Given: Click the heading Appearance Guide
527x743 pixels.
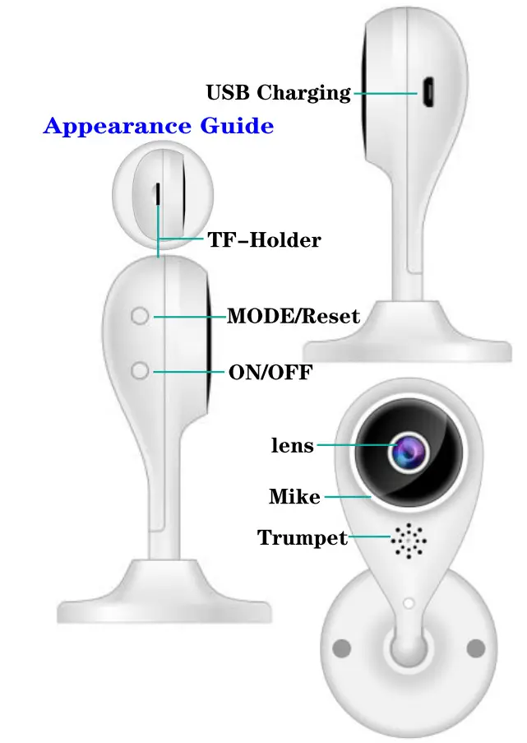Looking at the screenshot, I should point(158,127).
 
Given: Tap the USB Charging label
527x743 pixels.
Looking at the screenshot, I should point(278,93).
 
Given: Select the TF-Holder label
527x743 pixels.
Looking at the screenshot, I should point(264,240).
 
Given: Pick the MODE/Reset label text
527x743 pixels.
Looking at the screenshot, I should point(293,316).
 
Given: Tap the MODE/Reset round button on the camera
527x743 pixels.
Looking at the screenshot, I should point(141,317).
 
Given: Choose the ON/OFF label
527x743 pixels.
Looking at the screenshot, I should point(270,373).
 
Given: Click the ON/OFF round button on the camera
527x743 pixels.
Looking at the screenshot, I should point(141,372).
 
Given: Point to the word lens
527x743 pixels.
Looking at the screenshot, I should point(292,446).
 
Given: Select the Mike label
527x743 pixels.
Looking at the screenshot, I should point(294,497).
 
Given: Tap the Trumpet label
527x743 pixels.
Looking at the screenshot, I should point(303,538).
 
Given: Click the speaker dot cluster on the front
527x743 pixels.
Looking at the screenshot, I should point(409,540).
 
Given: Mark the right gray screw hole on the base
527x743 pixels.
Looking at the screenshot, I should point(476,648).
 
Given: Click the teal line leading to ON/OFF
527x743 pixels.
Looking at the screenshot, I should point(189,372).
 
